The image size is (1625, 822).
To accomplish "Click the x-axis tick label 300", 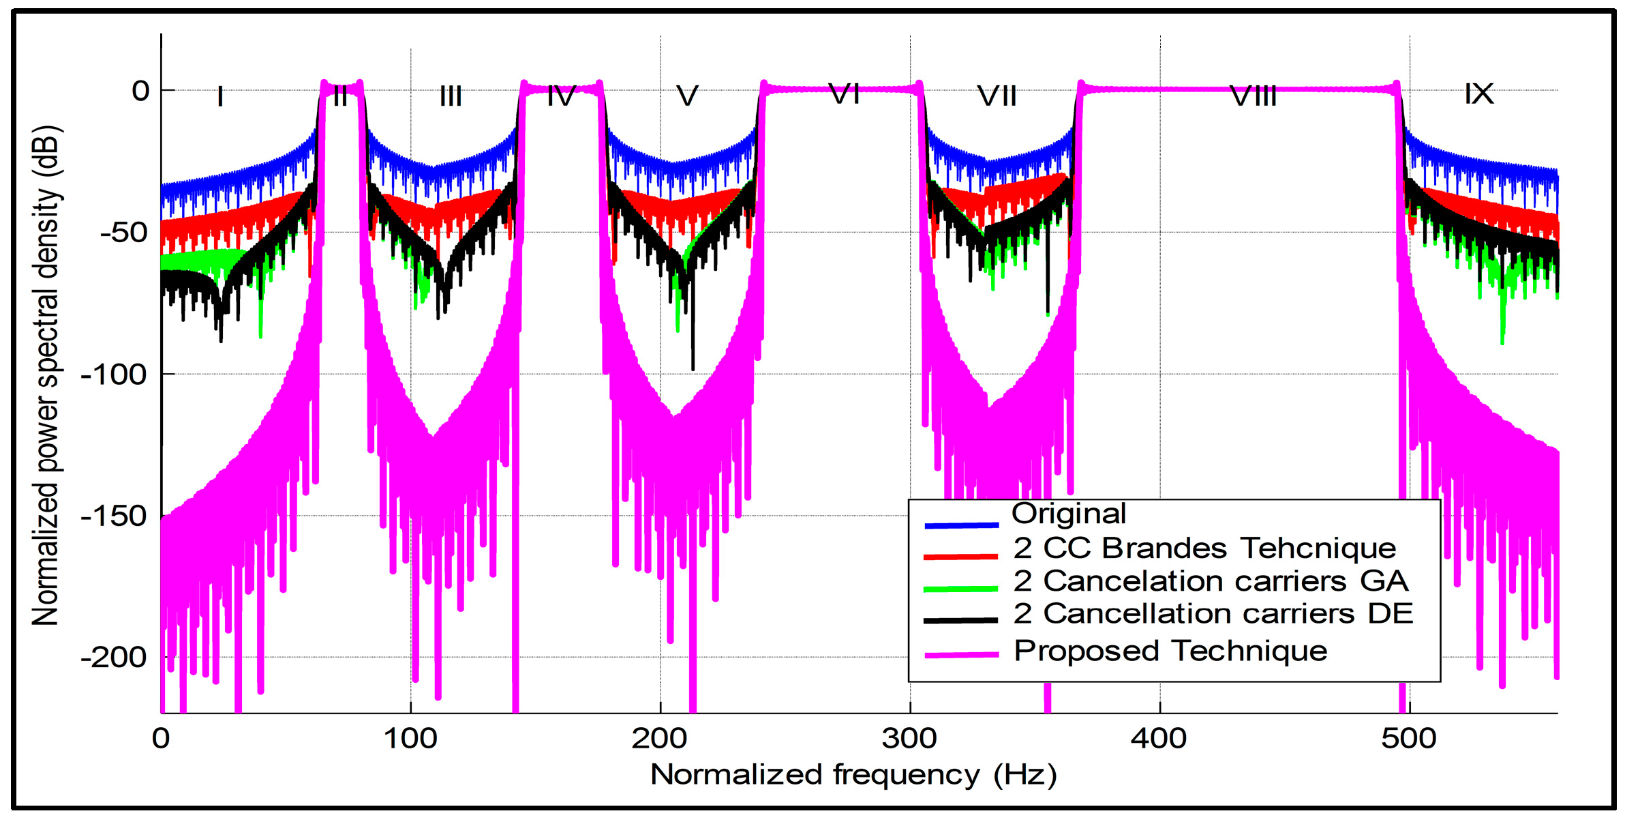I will click(909, 739).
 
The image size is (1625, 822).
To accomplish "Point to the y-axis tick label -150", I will click(114, 516).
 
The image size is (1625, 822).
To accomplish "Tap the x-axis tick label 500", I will click(1409, 739).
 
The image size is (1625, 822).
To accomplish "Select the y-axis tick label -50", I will click(123, 233).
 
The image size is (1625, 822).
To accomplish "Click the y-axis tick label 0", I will click(140, 91).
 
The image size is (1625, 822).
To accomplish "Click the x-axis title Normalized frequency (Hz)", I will click(853, 775).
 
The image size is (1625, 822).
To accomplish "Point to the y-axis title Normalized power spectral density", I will click(47, 375).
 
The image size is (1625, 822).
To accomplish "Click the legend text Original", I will click(1068, 514).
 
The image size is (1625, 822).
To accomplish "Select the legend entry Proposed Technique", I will click(1170, 651).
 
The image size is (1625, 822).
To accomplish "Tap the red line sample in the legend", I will click(960, 557).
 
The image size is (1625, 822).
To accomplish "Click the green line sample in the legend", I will click(960, 589).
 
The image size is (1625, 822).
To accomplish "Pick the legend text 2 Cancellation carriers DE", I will click(1213, 614).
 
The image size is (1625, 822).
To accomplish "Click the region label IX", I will click(1478, 94).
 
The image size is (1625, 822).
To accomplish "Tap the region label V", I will click(687, 96).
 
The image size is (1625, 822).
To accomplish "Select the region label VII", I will click(997, 96).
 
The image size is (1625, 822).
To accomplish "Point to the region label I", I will click(220, 96).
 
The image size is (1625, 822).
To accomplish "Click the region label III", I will click(451, 96).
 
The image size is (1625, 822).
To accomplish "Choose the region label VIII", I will click(1253, 96).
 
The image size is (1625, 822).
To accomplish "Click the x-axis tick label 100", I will click(410, 739).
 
